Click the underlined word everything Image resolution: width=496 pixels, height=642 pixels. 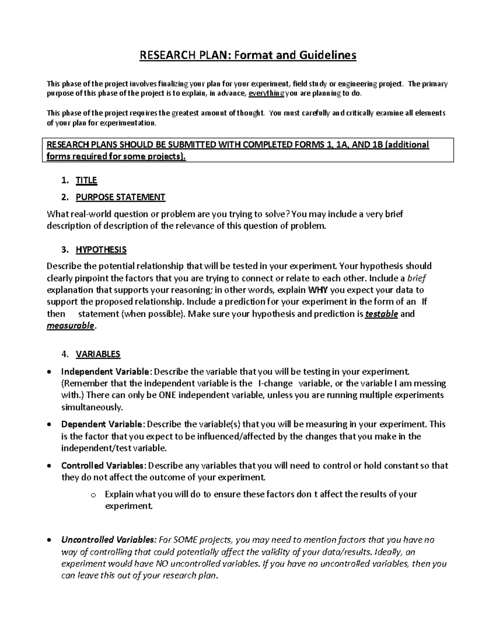[266, 93]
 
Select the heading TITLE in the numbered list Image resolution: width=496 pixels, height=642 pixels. [86, 180]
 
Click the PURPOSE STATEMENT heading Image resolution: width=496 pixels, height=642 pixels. [120, 197]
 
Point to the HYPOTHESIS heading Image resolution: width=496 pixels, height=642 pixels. [101, 250]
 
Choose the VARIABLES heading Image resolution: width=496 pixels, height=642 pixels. [98, 354]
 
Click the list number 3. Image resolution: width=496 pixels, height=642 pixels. [64, 250]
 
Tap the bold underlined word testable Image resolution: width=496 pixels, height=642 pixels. [382, 314]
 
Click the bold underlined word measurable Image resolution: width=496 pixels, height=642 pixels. [71, 326]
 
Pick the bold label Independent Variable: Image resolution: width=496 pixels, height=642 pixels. [107, 371]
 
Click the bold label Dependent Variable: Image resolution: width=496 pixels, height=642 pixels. [103, 424]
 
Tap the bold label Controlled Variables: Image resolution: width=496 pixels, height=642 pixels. [104, 465]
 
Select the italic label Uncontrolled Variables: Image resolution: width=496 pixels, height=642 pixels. [109, 539]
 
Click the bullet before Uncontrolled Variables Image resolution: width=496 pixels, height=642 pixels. [50, 540]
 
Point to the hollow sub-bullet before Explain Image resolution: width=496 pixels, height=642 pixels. [93, 495]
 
